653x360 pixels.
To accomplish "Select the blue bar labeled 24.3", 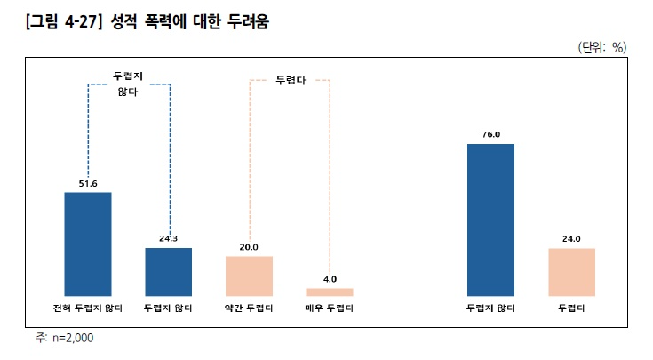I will point(169,271).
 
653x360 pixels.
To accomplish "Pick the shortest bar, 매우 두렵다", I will point(330,292).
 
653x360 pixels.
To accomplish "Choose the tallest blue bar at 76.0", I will point(491,219).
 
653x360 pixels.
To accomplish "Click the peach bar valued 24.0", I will point(572,271).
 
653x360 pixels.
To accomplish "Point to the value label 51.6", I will point(88,183).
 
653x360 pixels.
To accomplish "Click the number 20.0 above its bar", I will point(249,247).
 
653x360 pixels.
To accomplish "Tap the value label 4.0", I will point(330,279).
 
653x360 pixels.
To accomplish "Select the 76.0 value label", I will point(491,134).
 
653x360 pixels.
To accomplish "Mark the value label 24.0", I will point(572,239).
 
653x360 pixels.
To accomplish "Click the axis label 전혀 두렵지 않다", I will point(88,308).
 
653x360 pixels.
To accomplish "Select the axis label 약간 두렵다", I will point(249,308).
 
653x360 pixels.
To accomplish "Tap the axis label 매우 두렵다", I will point(330,308).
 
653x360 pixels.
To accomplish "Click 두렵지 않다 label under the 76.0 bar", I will point(491,308).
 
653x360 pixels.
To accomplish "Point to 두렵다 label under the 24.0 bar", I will point(572,308).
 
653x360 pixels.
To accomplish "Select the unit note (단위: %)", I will point(602,48).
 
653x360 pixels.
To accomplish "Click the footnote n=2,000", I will point(71,338).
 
